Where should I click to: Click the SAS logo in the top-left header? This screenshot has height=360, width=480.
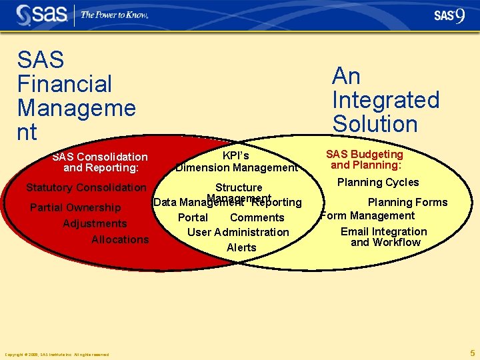(42, 14)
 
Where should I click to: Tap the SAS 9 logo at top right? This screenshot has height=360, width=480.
(449, 15)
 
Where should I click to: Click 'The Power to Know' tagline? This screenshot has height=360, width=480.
(114, 15)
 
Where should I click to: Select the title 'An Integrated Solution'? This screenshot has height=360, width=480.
(385, 100)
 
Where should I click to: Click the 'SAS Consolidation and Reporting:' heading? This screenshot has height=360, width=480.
(100, 163)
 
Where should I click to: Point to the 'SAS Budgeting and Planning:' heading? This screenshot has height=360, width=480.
(364, 159)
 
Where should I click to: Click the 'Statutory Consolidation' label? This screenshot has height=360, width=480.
(85, 187)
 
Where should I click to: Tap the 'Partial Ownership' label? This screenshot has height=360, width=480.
(75, 207)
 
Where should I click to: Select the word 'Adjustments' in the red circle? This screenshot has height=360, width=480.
(95, 223)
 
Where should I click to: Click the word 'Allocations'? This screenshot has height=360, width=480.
(120, 239)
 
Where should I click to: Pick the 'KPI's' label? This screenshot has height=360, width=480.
(236, 155)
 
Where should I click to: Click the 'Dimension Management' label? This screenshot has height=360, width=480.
(237, 168)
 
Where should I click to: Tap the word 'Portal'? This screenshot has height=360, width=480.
(193, 217)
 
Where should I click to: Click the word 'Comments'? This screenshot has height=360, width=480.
(257, 217)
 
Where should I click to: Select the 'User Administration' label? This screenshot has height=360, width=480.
(238, 232)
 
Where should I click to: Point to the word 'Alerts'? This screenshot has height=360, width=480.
(241, 247)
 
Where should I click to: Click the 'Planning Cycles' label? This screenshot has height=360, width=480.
(378, 182)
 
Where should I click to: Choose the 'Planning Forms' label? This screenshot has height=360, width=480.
(407, 202)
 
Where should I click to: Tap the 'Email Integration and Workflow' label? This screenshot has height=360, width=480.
(384, 237)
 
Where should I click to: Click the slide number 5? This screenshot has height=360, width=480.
(472, 353)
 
